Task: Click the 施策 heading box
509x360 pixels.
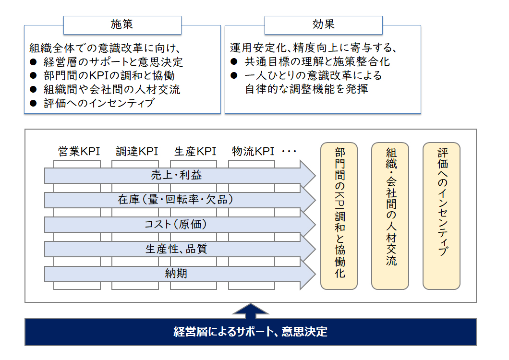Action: pos(122,25)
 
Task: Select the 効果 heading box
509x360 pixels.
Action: pos(323,25)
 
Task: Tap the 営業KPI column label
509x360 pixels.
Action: pos(79,151)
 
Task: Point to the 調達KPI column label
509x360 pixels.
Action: pos(137,151)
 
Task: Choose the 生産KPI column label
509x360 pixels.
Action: pos(195,151)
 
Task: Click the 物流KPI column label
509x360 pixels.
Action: pos(253,151)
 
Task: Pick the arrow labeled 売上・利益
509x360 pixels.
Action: pos(180,175)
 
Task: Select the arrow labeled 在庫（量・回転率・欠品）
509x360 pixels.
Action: pos(180,200)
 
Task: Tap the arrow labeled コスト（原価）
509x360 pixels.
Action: pos(180,225)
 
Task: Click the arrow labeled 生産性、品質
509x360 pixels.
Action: pos(180,249)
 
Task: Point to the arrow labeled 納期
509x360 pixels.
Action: pos(180,274)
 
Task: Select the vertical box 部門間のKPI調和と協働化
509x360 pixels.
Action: pos(339,216)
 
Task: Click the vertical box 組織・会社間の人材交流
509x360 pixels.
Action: pos(390,216)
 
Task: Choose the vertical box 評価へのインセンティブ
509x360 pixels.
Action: pos(441,216)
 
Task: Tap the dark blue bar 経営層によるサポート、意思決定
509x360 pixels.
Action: pos(251,332)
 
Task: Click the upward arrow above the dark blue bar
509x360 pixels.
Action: pos(251,311)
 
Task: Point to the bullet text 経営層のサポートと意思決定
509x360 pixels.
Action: pos(113,61)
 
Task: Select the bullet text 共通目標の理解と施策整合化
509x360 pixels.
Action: pos(317,61)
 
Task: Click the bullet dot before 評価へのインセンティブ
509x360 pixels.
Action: pos(33,103)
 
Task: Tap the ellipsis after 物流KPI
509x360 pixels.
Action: pos(289,151)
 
